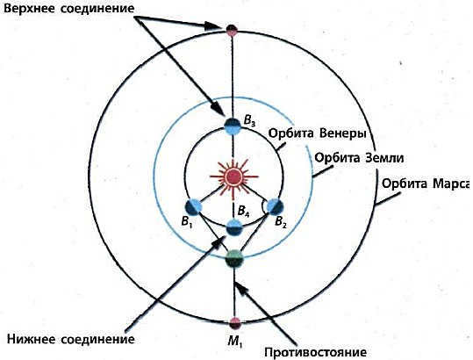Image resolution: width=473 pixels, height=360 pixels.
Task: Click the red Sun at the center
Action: [x=234, y=176]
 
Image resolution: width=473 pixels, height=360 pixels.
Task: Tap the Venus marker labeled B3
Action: [x=233, y=126]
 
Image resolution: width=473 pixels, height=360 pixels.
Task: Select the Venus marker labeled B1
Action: [x=194, y=207]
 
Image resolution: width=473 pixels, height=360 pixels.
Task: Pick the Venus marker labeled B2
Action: [x=276, y=206]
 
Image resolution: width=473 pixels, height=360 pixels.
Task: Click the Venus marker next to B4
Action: [x=234, y=227]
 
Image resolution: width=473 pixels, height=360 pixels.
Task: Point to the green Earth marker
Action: [x=234, y=258]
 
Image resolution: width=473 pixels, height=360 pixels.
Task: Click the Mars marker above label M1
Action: [x=234, y=323]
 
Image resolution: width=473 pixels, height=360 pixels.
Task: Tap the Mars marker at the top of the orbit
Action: [x=232, y=29]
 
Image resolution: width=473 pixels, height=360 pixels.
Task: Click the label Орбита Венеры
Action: [x=317, y=133]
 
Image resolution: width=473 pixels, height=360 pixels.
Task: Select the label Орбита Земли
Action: [x=359, y=158]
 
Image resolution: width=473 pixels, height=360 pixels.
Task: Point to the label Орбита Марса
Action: [x=426, y=184]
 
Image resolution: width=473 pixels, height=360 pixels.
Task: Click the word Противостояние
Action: [x=316, y=352]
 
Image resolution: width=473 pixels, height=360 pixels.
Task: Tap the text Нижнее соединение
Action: [x=71, y=339]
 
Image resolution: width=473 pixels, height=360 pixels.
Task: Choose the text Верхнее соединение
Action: [x=68, y=9]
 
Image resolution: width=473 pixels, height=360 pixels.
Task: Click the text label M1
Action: [x=235, y=342]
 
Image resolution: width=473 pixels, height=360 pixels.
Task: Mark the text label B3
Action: [x=249, y=121]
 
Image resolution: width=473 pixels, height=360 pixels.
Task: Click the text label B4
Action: [x=243, y=211]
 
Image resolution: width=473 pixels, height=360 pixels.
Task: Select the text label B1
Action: [x=187, y=222]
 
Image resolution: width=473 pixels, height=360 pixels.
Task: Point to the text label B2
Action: [x=281, y=222]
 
